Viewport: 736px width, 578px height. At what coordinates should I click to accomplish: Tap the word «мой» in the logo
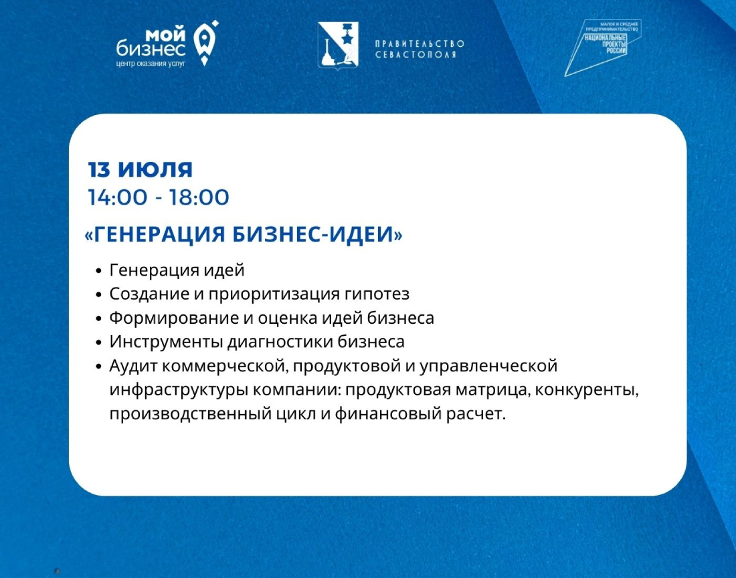click(x=166, y=35)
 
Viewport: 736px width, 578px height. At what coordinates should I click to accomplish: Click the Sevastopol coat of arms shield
click(x=338, y=45)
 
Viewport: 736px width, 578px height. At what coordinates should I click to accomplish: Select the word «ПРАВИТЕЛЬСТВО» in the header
click(x=420, y=43)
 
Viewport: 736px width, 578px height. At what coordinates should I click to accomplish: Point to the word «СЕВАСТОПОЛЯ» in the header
click(x=416, y=54)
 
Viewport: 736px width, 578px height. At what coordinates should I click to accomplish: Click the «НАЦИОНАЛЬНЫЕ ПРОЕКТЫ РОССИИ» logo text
click(x=606, y=43)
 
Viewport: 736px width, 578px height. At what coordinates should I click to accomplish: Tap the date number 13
click(x=98, y=169)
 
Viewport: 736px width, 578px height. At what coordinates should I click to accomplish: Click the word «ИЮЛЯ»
click(x=155, y=169)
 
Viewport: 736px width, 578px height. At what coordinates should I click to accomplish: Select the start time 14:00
click(x=118, y=197)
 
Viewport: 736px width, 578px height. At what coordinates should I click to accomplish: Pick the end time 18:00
click(x=199, y=197)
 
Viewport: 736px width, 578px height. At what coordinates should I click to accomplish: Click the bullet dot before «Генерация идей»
click(x=98, y=271)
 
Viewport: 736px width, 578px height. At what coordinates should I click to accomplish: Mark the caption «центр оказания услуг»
click(x=151, y=64)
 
